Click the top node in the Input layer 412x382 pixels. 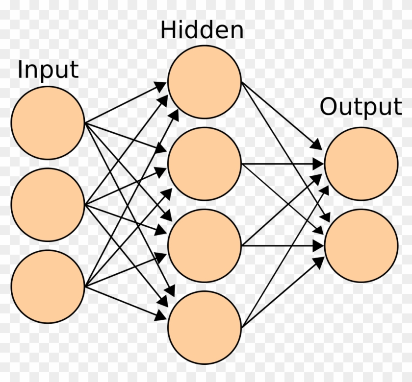click(x=48, y=123)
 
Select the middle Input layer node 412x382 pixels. click(x=48, y=205)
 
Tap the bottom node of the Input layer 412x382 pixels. click(x=48, y=286)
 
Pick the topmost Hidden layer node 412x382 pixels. click(x=205, y=82)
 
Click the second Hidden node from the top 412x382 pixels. click(x=205, y=164)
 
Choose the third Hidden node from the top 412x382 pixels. click(x=205, y=245)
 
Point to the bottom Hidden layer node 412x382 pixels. click(x=205, y=327)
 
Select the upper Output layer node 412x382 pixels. click(x=361, y=164)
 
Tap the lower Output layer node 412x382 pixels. click(x=361, y=245)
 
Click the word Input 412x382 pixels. click(x=48, y=70)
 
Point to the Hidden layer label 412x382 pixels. click(x=202, y=30)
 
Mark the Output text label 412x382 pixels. click(x=360, y=107)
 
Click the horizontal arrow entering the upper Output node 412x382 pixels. click(x=282, y=164)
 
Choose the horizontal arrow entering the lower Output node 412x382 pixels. click(x=282, y=245)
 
